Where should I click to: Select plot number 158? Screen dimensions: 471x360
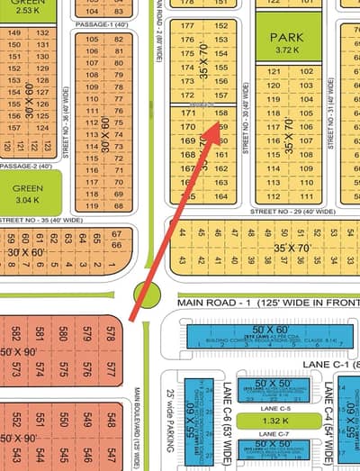(x=221, y=112)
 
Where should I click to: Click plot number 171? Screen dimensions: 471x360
(x=188, y=112)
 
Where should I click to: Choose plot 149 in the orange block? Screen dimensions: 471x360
(x=15, y=33)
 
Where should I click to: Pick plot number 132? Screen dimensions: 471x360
(x=41, y=33)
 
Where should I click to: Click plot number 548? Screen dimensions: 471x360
(x=110, y=420)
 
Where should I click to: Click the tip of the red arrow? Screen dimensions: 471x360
(x=219, y=118)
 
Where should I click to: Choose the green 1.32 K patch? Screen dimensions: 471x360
(x=262, y=421)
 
